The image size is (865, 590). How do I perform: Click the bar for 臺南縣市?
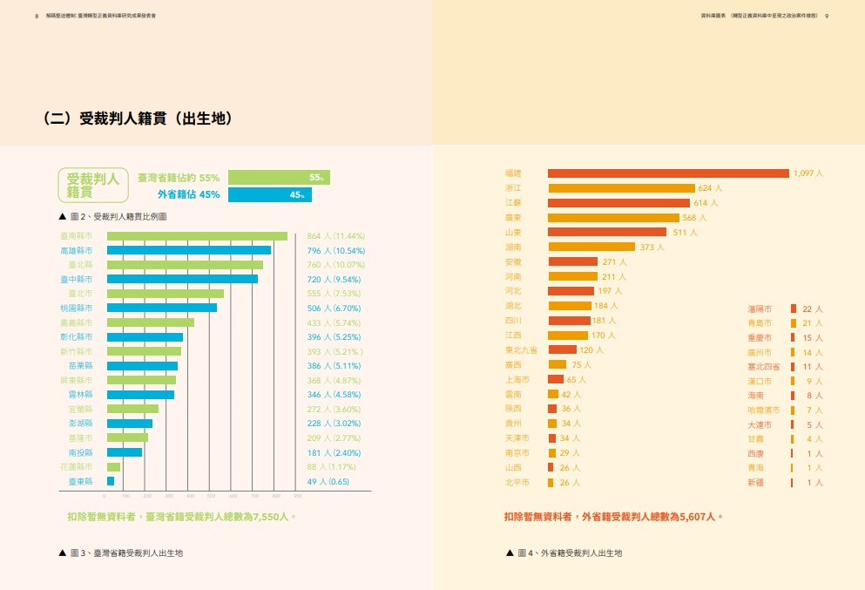click(197, 236)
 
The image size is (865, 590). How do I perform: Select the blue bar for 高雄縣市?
click(188, 250)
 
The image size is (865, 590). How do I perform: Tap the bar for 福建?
click(668, 173)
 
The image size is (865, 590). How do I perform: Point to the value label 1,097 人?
click(808, 173)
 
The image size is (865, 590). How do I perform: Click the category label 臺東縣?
click(81, 481)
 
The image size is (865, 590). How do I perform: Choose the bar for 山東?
click(606, 232)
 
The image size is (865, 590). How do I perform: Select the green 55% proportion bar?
click(279, 177)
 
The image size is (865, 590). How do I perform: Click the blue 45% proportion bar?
click(269, 194)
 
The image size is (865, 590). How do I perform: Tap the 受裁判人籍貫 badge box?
click(93, 185)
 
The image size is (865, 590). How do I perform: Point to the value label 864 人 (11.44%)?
click(336, 236)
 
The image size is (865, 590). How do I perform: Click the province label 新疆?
click(755, 482)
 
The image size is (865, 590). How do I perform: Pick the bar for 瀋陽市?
click(794, 309)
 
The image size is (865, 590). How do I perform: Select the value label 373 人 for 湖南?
click(652, 247)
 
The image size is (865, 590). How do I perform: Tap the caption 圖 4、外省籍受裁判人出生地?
click(569, 553)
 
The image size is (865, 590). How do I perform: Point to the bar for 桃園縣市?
click(161, 308)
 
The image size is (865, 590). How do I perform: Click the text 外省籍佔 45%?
click(188, 194)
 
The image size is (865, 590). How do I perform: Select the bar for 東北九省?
click(562, 349)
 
